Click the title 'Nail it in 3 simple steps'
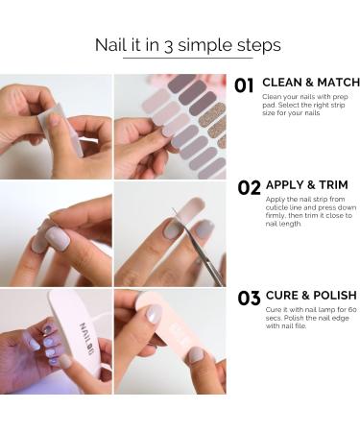pyautogui.click(x=187, y=45)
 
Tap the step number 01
pyautogui.click(x=245, y=86)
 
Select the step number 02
pyautogui.click(x=249, y=188)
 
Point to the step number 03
pyautogui.click(x=249, y=299)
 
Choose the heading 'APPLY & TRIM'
pyautogui.click(x=305, y=184)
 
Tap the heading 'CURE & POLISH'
pyautogui.click(x=309, y=295)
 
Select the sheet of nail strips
pyautogui.click(x=192, y=125)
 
